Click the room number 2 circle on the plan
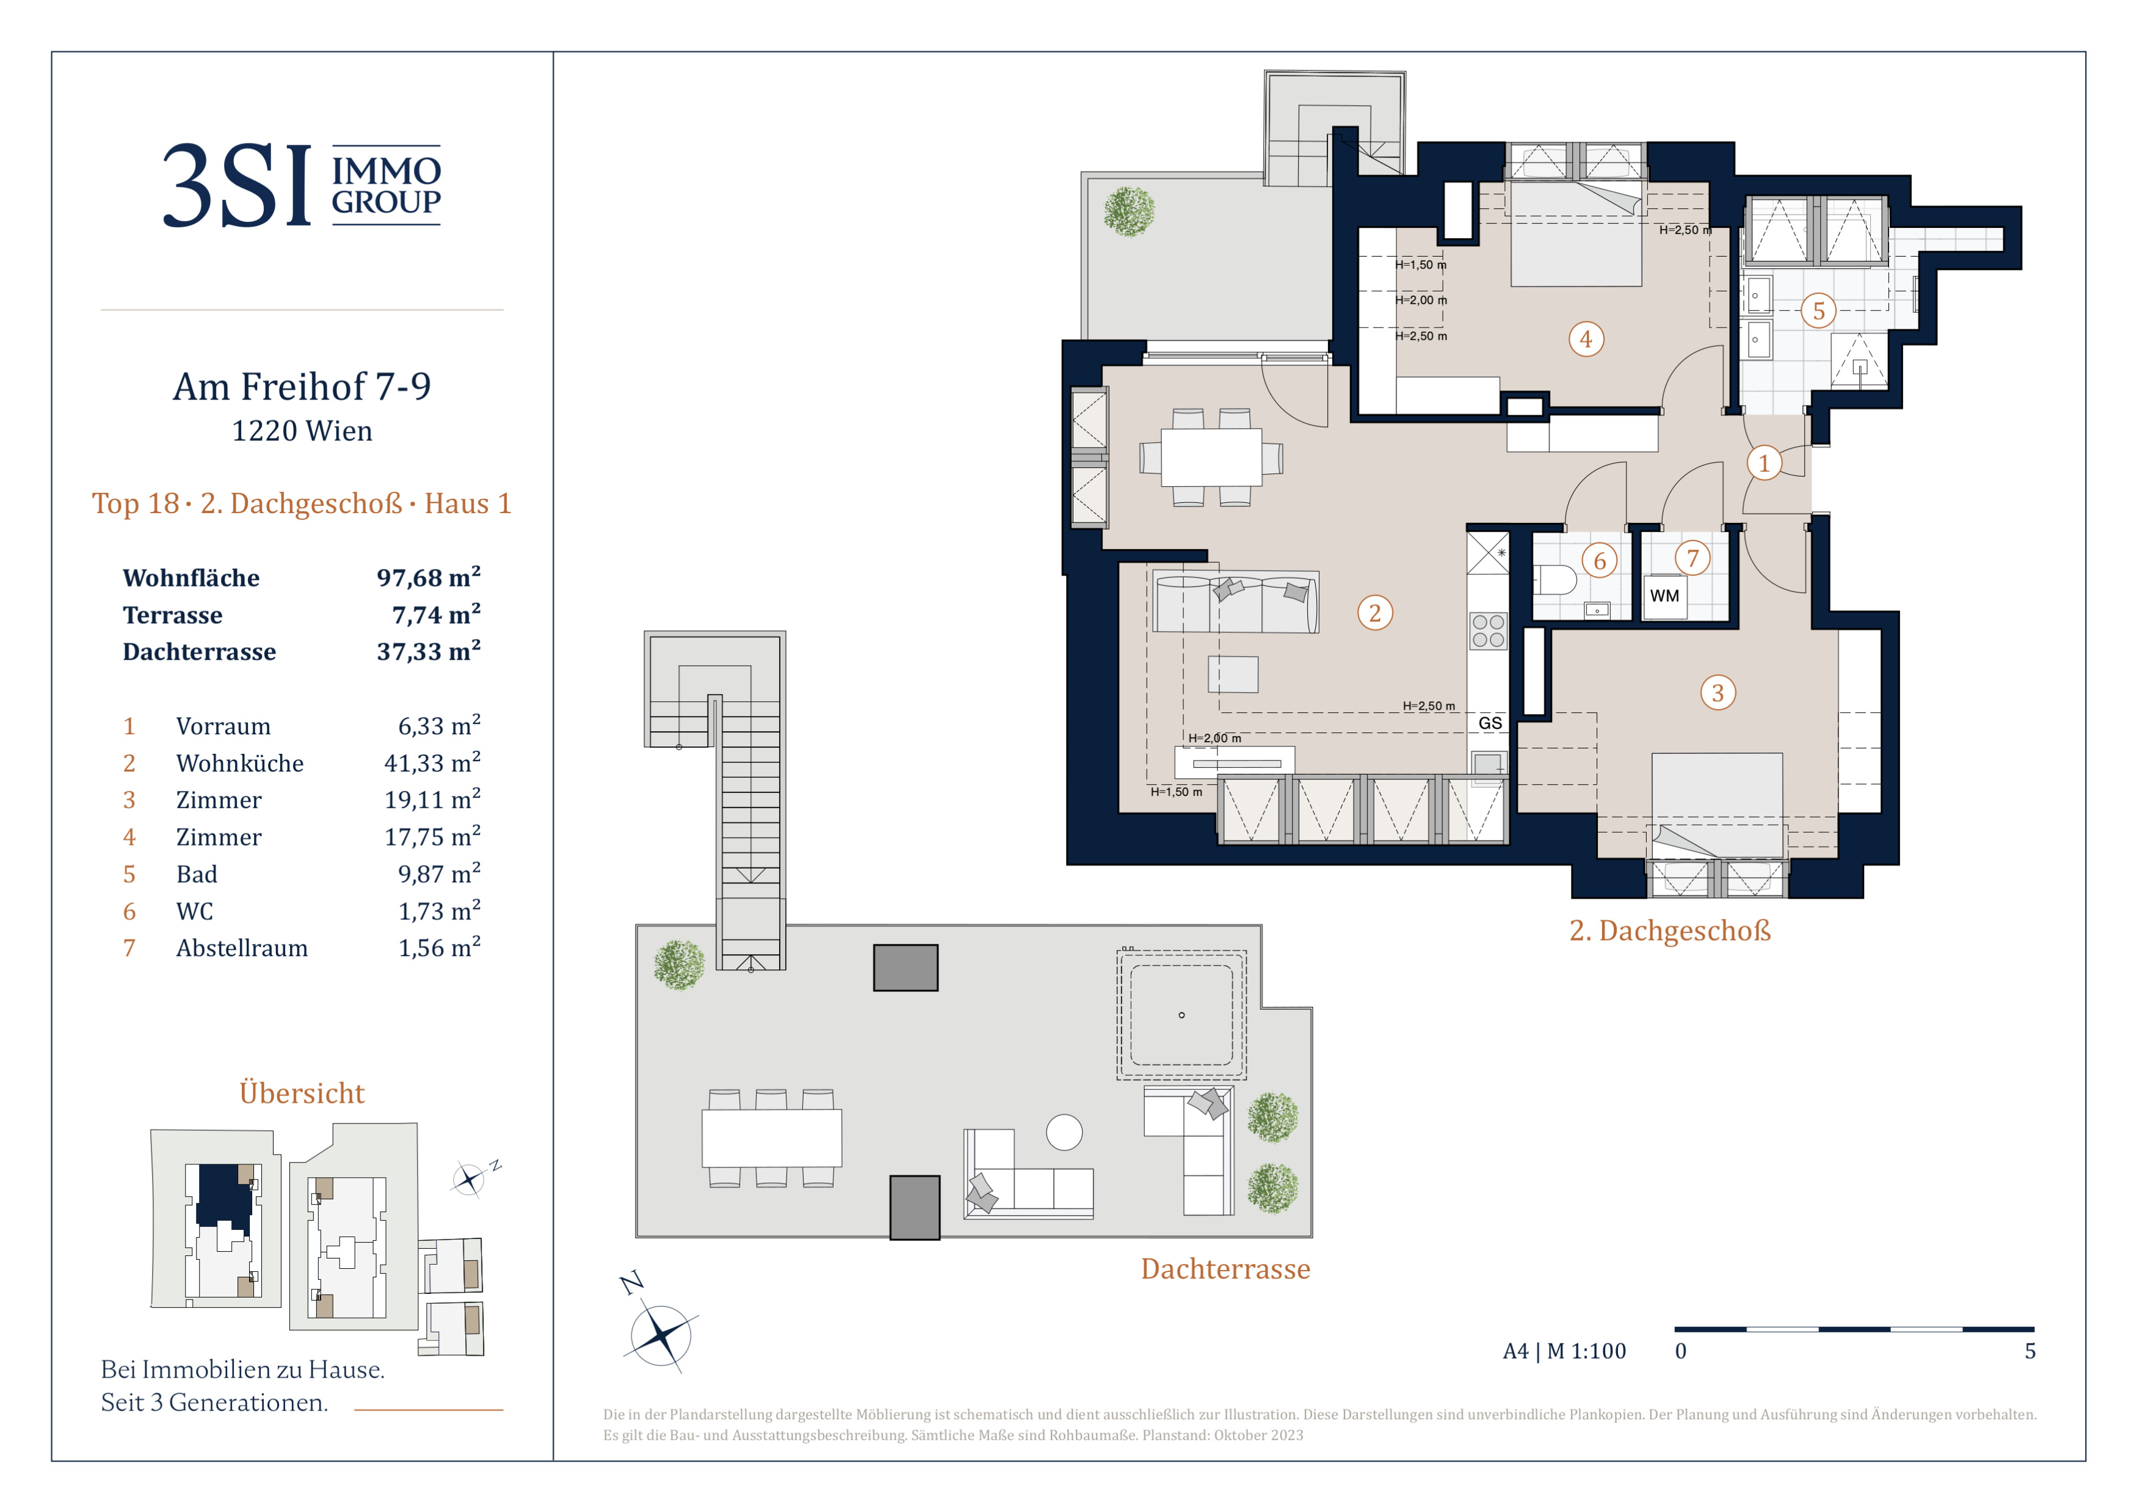click(1375, 613)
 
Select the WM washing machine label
click(1664, 596)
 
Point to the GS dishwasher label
click(1490, 723)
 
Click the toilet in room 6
click(1555, 580)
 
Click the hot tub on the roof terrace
click(1181, 1015)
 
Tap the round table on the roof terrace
click(1064, 1132)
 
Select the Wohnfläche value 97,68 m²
click(428, 577)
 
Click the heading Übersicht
click(302, 1092)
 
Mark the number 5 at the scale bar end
click(2030, 1351)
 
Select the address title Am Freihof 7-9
click(302, 386)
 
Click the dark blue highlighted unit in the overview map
click(223, 1196)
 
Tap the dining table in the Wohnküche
click(1211, 457)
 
